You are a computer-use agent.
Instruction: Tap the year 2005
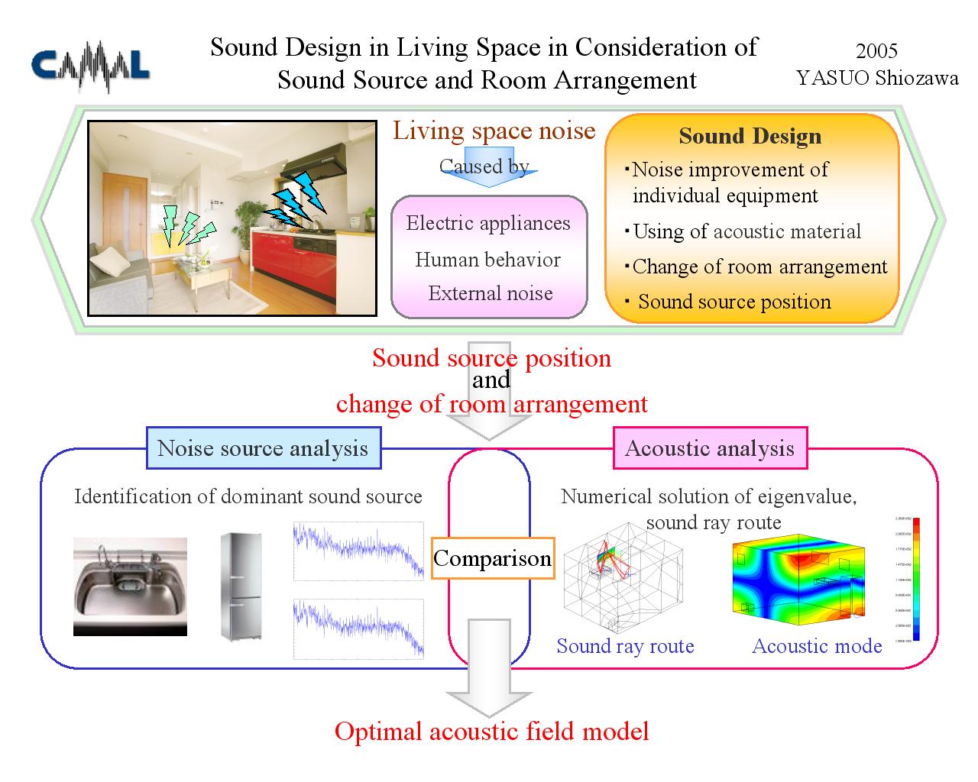pyautogui.click(x=876, y=51)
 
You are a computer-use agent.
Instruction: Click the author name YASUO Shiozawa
pyautogui.click(x=877, y=78)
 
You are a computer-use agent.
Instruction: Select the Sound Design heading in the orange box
pyautogui.click(x=750, y=136)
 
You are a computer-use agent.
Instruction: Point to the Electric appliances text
pyautogui.click(x=488, y=223)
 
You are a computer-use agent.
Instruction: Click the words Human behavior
pyautogui.click(x=487, y=260)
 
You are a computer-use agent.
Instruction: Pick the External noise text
pyautogui.click(x=490, y=293)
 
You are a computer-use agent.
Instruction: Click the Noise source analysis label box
pyautogui.click(x=263, y=448)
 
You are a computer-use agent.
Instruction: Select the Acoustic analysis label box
pyautogui.click(x=710, y=448)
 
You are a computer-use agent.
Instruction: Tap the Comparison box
pyautogui.click(x=492, y=558)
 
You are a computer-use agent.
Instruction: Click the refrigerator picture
pyautogui.click(x=241, y=586)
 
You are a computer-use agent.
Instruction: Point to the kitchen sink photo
pyautogui.click(x=130, y=586)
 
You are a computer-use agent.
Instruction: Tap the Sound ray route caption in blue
pyautogui.click(x=625, y=646)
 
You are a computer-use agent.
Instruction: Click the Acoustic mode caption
pyautogui.click(x=817, y=646)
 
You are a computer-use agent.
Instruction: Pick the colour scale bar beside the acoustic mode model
pyautogui.click(x=916, y=578)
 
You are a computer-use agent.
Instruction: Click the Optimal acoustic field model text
pyautogui.click(x=491, y=732)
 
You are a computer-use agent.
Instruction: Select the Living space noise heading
pyautogui.click(x=494, y=131)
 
